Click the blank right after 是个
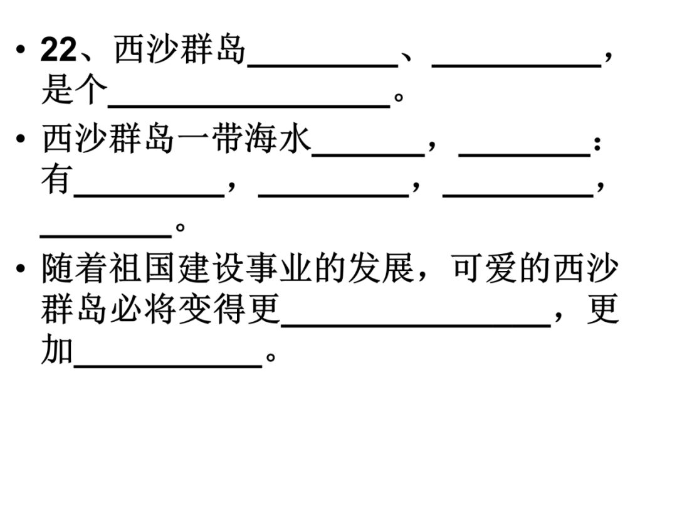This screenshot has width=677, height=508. pos(249,100)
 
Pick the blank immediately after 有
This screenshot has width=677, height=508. pos(149,191)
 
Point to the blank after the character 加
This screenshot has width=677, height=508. pos(168,361)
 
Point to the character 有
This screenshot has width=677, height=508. pos(56,181)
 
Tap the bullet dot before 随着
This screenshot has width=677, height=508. pos(23,269)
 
